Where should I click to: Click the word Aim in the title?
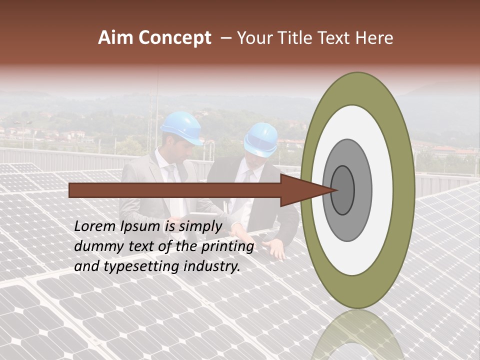click(115, 38)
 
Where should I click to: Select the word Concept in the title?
click(174, 38)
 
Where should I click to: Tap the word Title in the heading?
click(297, 38)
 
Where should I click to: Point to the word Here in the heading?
click(375, 38)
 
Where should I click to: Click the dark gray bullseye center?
click(343, 190)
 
